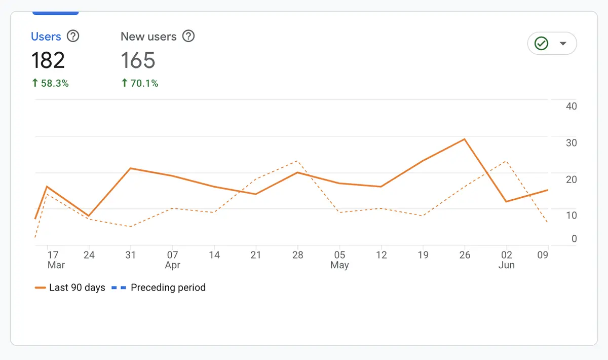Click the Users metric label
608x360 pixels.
[46, 37]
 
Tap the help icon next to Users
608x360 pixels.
[73, 37]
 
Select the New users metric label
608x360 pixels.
[148, 37]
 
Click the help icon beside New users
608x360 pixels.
[188, 37]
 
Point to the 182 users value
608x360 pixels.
[48, 60]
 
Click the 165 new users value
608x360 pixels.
[138, 60]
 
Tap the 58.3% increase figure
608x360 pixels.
[50, 83]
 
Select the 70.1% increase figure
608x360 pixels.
[140, 83]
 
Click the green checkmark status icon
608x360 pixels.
[542, 44]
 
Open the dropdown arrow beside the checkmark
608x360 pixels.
[562, 44]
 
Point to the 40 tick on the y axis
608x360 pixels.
[572, 106]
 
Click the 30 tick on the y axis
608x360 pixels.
[572, 143]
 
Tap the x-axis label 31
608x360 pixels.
[131, 255]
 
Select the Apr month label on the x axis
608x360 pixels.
[173, 265]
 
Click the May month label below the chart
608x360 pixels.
[339, 265]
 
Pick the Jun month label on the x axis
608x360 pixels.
[507, 265]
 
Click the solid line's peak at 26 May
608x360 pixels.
[465, 139]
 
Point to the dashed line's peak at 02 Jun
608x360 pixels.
[506, 161]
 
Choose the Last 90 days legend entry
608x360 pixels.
[70, 287]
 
